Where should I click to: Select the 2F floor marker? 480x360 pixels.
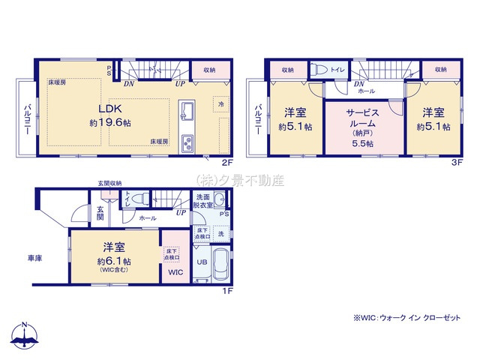point(226,160)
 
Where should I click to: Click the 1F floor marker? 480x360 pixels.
point(226,292)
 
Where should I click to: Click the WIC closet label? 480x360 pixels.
point(175,271)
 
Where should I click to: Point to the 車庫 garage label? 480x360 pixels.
point(34,258)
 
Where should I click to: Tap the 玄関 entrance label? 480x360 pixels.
point(100,214)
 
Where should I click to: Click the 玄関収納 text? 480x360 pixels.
point(109,182)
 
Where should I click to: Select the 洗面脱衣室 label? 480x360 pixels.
point(203,200)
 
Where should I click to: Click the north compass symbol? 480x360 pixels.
point(25,337)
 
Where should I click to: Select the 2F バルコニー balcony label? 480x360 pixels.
point(28,118)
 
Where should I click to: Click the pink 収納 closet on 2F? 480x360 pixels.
point(208,70)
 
